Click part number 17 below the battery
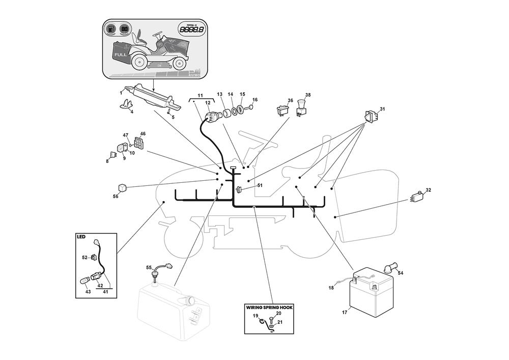345,312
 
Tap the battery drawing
370,293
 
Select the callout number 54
401,273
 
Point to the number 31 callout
382,109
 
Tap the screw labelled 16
249,107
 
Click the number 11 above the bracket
200,96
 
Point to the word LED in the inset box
81,237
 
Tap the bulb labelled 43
86,280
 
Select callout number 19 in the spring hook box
256,316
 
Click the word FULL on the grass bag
121,54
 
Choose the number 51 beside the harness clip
260,185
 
